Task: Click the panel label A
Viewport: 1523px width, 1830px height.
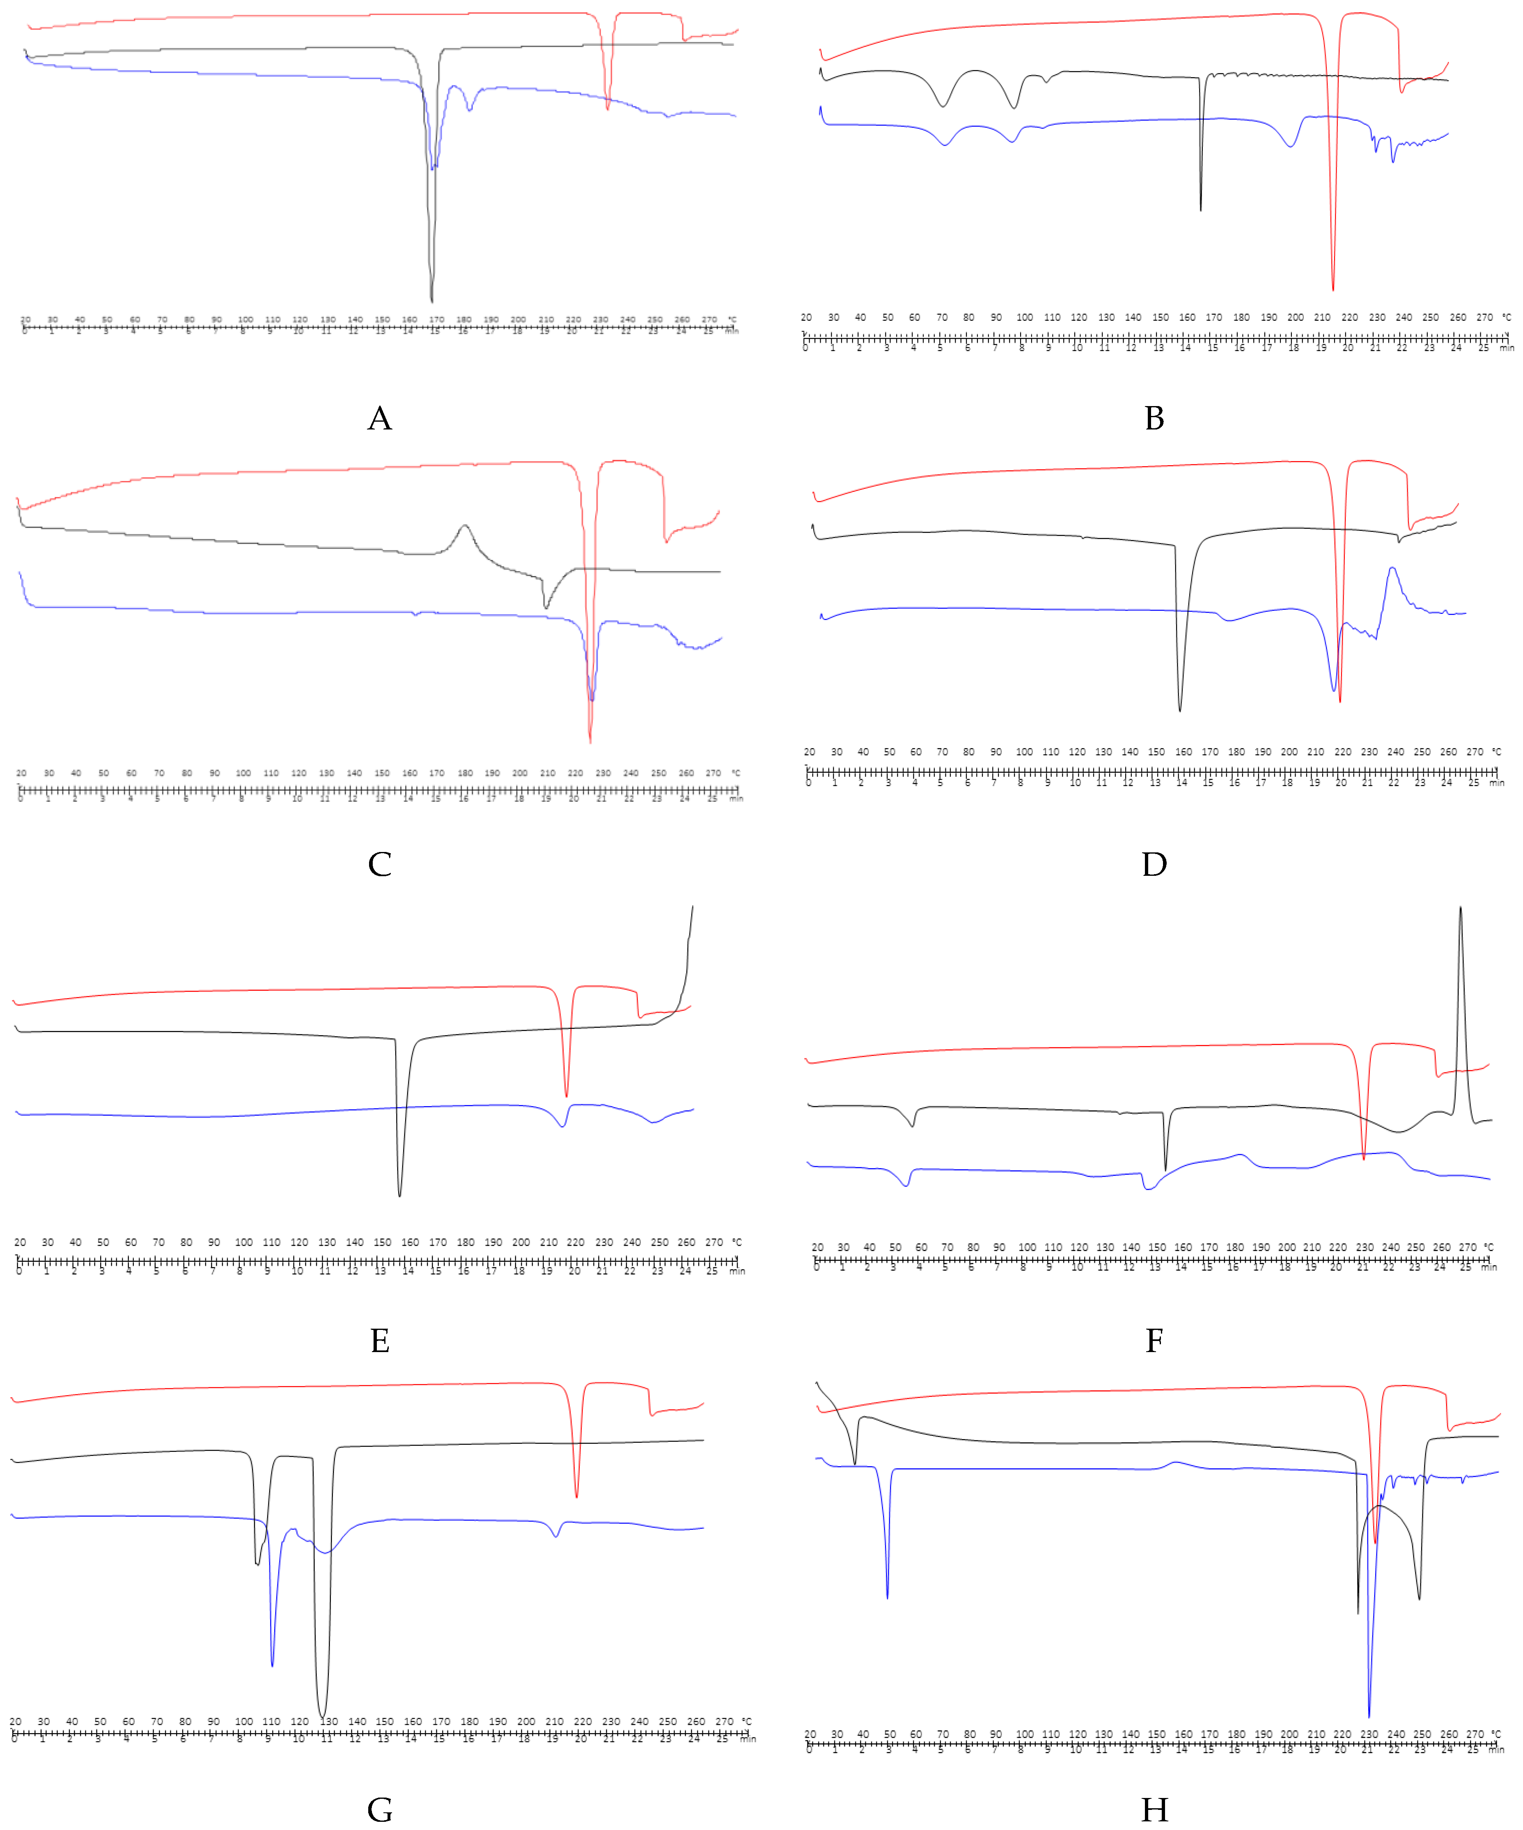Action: tap(380, 418)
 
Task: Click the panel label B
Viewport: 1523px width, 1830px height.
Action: tap(1154, 418)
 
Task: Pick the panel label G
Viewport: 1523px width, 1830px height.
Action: tap(380, 1810)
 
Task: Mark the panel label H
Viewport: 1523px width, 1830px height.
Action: tap(1154, 1810)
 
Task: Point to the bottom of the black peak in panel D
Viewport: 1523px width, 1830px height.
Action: tap(1181, 711)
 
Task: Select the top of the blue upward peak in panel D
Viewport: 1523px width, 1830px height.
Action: tap(1392, 568)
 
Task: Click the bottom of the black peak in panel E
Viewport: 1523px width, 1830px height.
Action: tap(400, 1196)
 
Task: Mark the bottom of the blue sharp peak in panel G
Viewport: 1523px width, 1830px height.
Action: tap(273, 1666)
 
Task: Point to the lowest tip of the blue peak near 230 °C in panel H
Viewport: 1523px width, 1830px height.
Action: tap(1369, 1717)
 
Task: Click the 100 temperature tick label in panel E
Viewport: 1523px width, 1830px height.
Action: tap(244, 1242)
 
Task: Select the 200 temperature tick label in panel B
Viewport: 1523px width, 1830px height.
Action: tap(1296, 317)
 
